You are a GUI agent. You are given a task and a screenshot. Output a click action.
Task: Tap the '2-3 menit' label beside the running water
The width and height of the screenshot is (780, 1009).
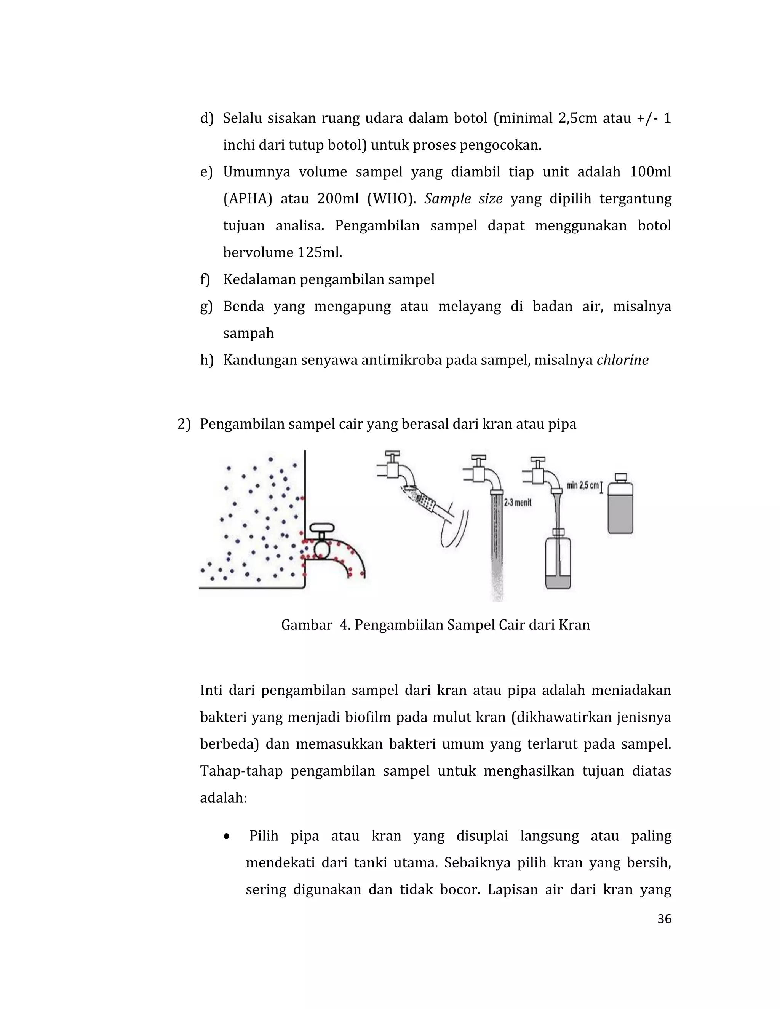click(x=518, y=503)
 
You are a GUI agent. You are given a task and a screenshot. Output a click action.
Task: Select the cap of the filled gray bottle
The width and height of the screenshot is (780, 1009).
click(x=620, y=477)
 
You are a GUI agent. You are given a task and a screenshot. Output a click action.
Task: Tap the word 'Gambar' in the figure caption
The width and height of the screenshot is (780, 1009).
click(x=306, y=625)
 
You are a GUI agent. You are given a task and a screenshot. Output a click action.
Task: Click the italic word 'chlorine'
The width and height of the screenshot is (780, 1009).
click(x=622, y=360)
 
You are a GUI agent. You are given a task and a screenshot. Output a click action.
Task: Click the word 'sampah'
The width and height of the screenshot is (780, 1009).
click(x=248, y=333)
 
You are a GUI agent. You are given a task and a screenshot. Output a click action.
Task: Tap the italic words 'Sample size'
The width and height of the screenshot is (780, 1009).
click(x=463, y=199)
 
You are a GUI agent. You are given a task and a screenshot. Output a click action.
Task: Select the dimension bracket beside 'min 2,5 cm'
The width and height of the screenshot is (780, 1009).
click(x=601, y=487)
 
